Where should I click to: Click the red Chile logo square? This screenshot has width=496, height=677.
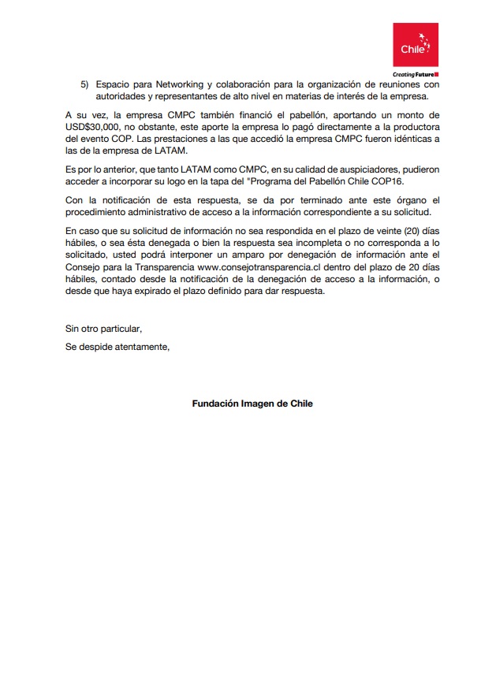416,45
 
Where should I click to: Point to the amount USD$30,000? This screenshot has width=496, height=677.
92,127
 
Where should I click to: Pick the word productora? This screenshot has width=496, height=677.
412,127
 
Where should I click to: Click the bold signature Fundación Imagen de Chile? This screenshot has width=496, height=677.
252,404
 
